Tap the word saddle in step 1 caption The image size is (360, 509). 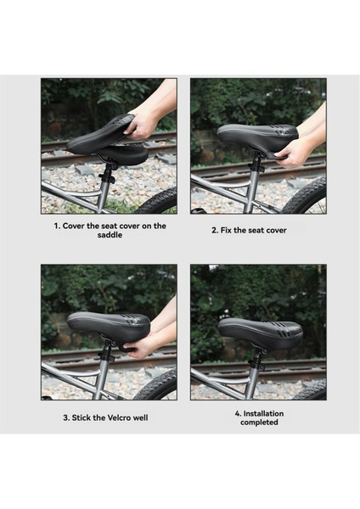[x=110, y=235]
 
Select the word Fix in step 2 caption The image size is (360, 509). [x=226, y=230]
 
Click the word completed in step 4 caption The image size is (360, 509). [x=259, y=422]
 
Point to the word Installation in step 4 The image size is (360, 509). [x=263, y=414]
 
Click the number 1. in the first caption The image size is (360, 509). [x=57, y=226]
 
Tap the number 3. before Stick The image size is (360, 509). [x=66, y=417]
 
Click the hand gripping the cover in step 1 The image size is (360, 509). [x=141, y=125]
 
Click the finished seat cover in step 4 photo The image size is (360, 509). [x=261, y=333]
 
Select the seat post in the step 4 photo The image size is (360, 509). [x=254, y=372]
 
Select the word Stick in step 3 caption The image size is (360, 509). [x=82, y=417]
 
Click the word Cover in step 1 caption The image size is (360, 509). [x=74, y=226]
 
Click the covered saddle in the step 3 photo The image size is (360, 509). [x=109, y=327]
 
